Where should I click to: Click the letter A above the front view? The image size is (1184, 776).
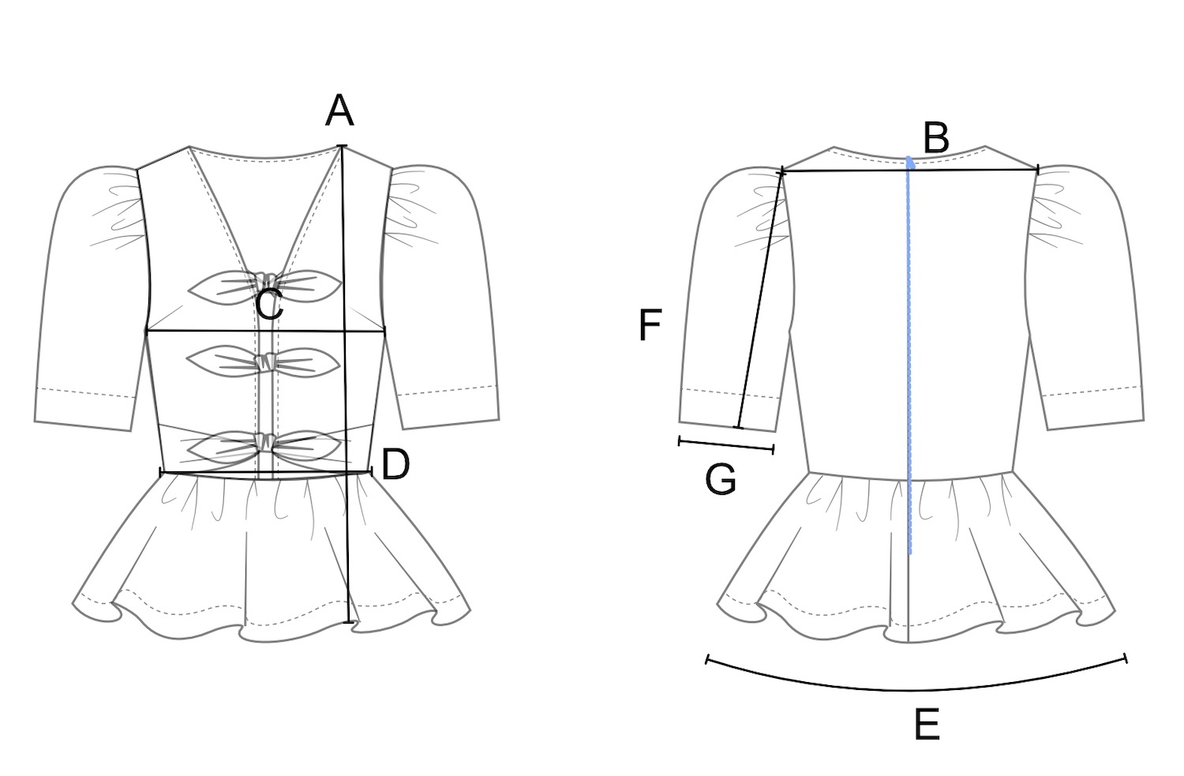point(339,111)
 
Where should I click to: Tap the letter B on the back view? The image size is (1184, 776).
point(935,139)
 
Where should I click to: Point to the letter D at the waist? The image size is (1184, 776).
point(395,465)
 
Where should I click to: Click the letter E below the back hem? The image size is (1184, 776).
point(927,725)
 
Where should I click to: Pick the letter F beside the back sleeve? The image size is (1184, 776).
point(649,325)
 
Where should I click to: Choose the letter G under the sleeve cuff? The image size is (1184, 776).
point(720,480)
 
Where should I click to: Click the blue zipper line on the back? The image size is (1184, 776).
point(910,355)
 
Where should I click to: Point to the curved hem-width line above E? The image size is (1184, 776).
point(916,690)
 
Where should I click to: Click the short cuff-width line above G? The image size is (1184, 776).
point(725,445)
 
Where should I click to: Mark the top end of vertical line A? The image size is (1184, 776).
point(342,146)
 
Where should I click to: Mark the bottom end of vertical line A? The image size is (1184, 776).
point(350,622)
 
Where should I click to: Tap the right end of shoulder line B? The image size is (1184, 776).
point(1037,168)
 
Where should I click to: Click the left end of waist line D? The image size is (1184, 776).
point(161,472)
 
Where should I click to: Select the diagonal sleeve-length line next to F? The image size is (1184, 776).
point(761,300)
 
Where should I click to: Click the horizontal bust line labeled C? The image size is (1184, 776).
point(237,332)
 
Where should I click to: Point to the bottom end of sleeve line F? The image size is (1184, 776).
point(738,427)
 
